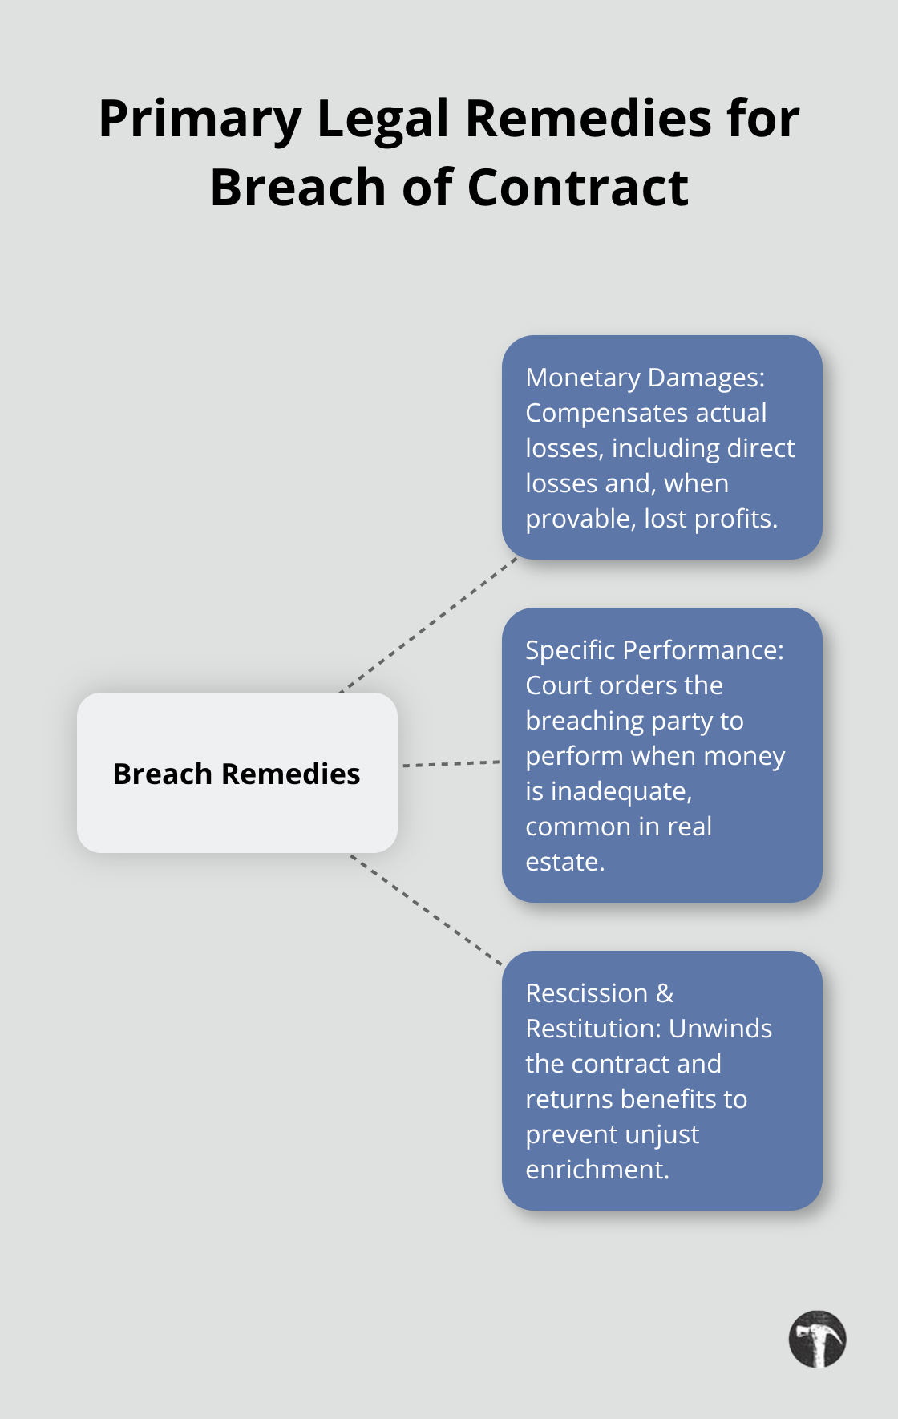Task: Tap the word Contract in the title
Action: (577, 188)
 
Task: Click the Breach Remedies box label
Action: (237, 774)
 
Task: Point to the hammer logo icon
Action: (817, 1339)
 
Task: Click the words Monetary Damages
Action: (644, 378)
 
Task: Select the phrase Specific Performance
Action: (653, 650)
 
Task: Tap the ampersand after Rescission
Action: (665, 993)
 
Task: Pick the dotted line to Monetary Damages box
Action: (429, 625)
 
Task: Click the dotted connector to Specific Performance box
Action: (451, 764)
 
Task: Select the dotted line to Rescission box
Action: (426, 910)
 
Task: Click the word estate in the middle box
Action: (564, 862)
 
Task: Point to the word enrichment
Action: (596, 1170)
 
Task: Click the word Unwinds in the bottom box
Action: (720, 1029)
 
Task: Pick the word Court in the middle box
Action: (556, 685)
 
